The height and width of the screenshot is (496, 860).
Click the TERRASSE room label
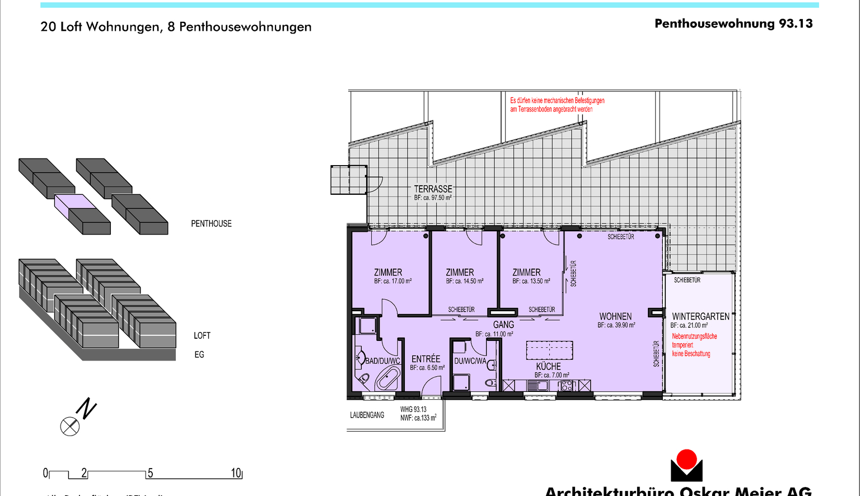pos(433,189)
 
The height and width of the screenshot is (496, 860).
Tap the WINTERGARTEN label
pos(700,316)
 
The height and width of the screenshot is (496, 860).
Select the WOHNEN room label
pos(615,316)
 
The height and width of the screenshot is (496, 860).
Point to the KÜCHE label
pos(548,366)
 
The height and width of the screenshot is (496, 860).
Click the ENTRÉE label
pos(426,359)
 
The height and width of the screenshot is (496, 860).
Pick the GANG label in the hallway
pos(503,325)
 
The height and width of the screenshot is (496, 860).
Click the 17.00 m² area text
pos(393,281)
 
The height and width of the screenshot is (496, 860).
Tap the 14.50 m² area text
pos(465,281)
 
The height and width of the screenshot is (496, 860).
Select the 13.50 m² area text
pos(531,281)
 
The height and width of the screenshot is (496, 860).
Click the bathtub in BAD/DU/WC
pos(387,380)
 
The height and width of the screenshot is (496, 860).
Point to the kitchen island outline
pos(549,350)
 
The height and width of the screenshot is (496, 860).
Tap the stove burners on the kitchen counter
pos(567,385)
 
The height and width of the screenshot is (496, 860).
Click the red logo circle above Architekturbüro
pos(686,459)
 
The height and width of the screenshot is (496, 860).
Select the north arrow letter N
pos(86,409)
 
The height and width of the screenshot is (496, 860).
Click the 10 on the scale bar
pos(236,473)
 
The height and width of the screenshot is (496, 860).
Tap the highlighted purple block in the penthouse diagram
pos(76,201)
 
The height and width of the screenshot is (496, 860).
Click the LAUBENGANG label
pos(367,415)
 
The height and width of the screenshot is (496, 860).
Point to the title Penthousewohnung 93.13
pos(733,24)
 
